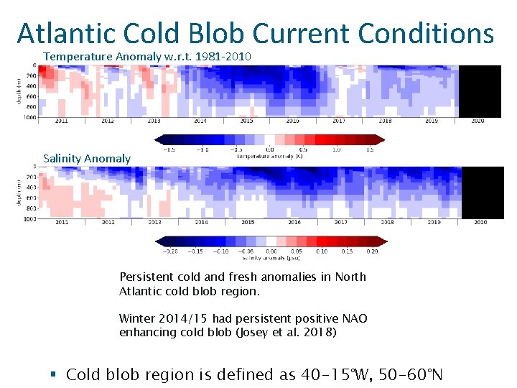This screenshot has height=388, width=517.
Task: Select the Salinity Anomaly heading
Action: tap(87, 158)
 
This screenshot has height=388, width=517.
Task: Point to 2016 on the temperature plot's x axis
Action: tap(293, 121)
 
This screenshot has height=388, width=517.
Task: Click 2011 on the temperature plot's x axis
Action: tap(61, 121)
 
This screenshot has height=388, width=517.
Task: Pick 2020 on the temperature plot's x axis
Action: tap(478, 121)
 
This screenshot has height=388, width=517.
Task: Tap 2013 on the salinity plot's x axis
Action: tap(154, 222)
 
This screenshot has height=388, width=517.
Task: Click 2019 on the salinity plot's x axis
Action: tap(434, 222)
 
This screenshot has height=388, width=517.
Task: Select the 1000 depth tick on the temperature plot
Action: tap(30, 116)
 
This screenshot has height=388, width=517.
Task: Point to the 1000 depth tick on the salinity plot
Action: tap(30, 218)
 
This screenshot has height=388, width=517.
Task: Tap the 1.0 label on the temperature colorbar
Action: tap(336, 149)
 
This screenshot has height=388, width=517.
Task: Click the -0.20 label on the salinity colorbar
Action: tap(170, 251)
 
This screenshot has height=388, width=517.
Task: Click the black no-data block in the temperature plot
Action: tap(480, 91)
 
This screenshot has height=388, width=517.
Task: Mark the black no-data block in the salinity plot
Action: tap(481, 193)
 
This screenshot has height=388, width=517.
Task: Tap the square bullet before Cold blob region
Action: tap(55, 375)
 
